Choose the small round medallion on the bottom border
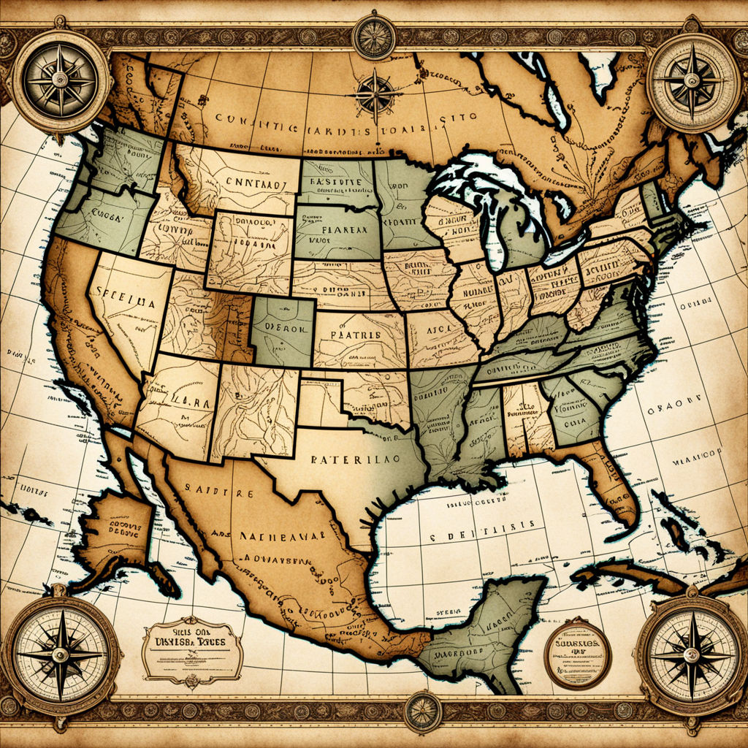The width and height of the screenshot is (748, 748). [422, 711]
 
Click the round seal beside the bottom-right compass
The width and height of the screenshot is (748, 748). [577, 653]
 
